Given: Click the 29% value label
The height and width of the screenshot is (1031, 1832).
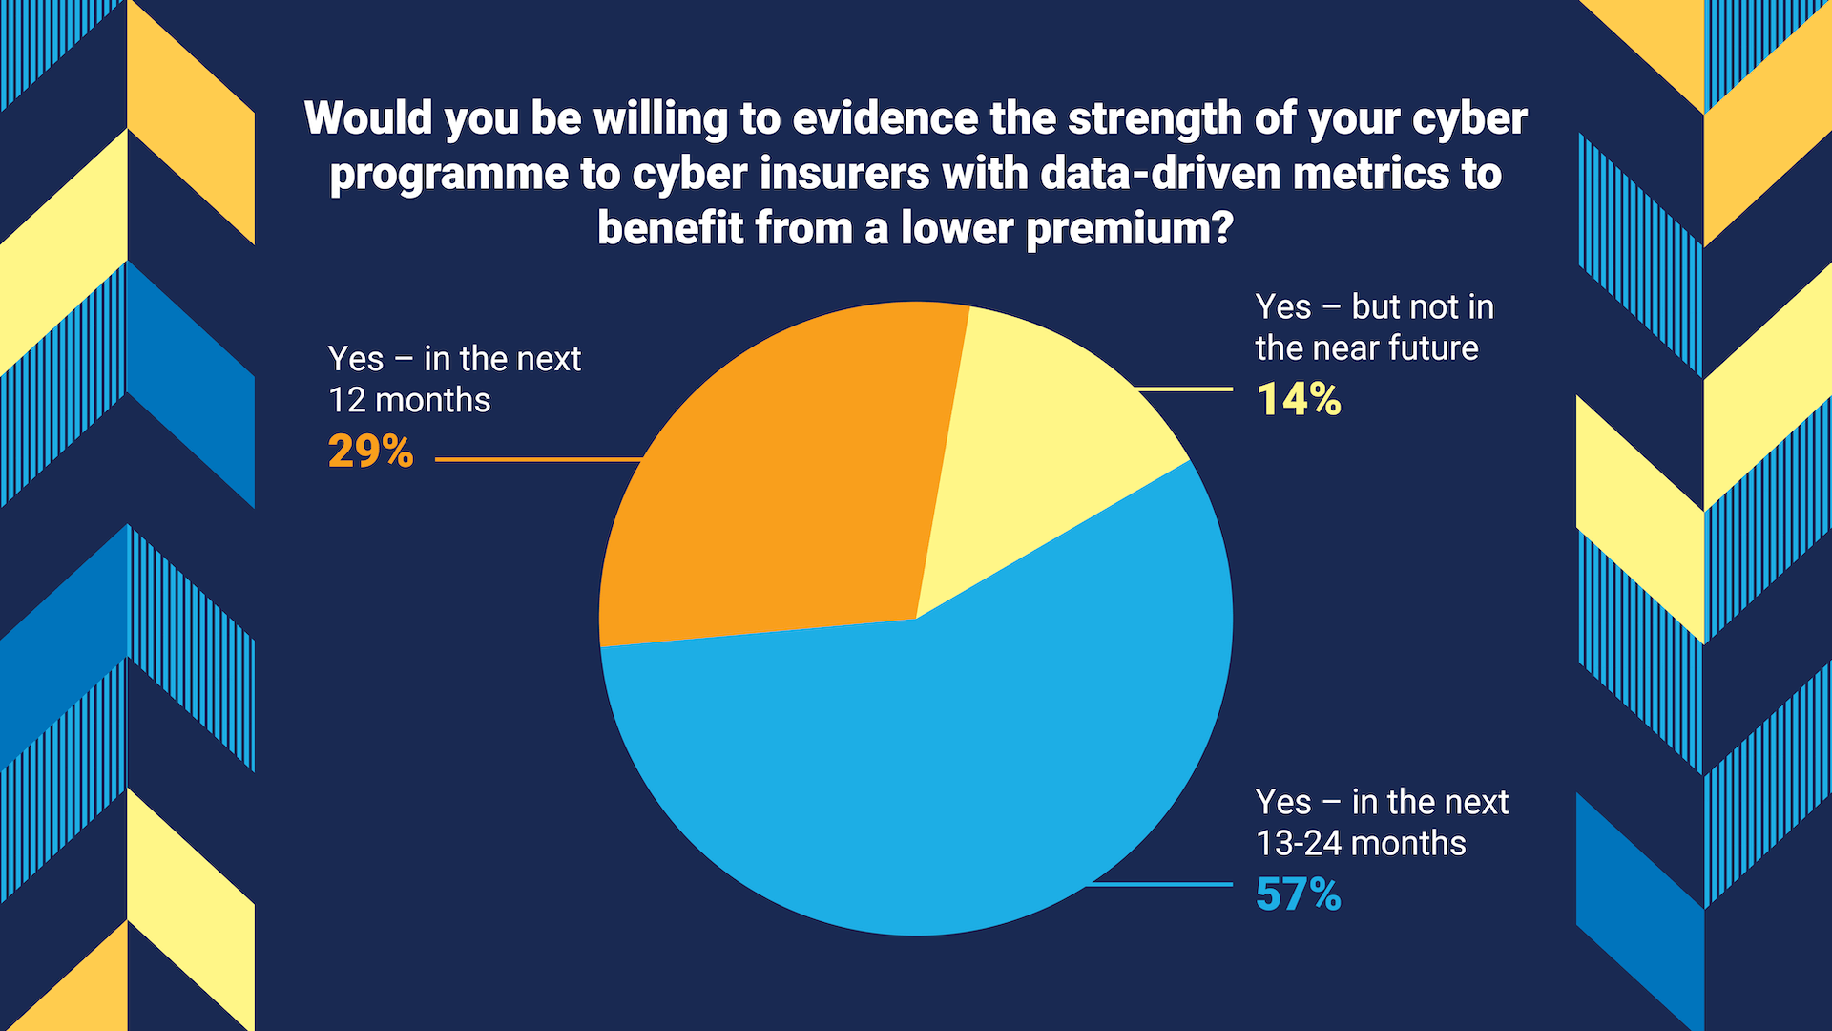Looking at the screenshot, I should pos(370,452).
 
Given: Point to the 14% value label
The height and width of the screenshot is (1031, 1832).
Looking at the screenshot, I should pos(1299,399).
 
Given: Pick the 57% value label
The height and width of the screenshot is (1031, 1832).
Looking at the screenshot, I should pos(1298,894).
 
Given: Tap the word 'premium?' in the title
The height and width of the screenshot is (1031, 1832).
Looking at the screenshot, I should pos(1130,229).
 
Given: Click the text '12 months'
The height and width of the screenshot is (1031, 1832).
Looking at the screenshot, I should pos(409,400).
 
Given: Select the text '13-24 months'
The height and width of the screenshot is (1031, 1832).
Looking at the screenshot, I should pos(1361,844).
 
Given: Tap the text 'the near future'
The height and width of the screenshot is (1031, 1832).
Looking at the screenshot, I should pos(1366,348).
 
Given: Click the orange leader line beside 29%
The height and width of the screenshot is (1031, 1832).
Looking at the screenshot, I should pos(534,459).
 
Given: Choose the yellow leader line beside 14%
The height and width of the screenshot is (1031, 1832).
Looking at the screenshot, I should pos(1183,389).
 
